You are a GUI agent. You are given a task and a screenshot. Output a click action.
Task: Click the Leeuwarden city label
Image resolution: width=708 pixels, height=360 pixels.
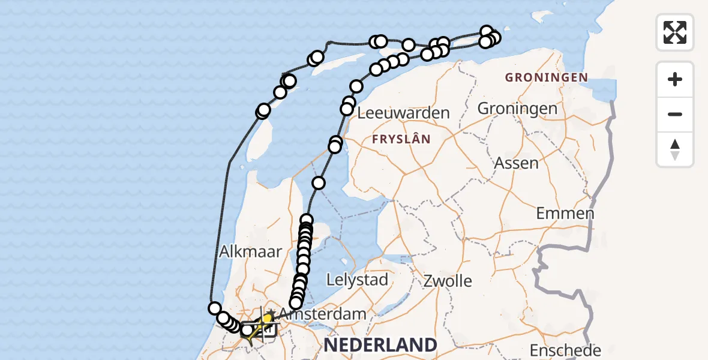403,113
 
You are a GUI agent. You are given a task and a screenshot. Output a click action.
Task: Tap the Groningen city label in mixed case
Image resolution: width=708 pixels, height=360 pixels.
517,109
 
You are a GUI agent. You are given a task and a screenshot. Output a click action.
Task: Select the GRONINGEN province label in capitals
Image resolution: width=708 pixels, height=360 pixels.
546,77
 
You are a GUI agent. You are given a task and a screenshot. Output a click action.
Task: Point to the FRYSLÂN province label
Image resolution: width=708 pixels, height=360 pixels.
401,139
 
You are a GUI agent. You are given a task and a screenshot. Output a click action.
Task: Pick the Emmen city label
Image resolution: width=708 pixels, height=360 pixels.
565,213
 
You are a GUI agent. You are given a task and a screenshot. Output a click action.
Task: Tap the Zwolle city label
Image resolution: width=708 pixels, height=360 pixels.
448,280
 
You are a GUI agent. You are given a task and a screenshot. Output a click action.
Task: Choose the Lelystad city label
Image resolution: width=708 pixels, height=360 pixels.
357,280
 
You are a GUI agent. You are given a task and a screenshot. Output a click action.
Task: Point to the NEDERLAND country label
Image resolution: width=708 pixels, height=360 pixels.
380,345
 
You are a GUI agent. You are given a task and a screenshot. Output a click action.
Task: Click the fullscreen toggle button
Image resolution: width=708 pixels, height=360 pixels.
675,32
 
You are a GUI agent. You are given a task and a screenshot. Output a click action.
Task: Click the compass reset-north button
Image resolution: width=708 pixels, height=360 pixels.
675,149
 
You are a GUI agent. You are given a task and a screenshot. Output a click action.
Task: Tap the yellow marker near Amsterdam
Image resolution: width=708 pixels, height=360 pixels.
267,318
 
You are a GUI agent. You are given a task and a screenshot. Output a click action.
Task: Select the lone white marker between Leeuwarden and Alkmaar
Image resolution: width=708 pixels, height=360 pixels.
319,183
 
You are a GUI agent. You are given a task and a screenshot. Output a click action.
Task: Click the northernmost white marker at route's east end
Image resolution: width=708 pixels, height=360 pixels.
487,31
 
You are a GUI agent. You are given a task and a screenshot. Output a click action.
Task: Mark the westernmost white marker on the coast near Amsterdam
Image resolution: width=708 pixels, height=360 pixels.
215,308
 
